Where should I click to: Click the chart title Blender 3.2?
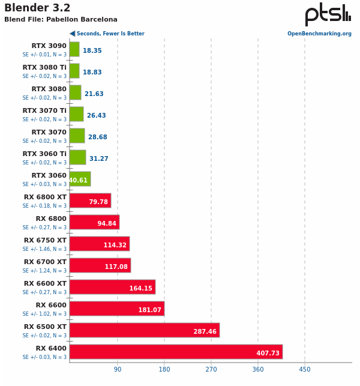[37, 8]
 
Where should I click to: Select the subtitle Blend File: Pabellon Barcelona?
[61, 20]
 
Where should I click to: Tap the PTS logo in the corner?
[328, 14]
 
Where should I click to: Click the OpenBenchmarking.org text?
[319, 34]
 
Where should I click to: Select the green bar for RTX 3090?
[74, 49]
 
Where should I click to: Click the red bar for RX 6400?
[176, 352]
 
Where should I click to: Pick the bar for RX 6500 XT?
[144, 330]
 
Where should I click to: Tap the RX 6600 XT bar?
[112, 287]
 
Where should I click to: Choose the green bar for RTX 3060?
[80, 179]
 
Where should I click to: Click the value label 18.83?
[92, 72]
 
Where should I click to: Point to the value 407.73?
[268, 354]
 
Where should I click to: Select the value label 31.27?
[99, 158]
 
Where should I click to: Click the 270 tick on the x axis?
[211, 369]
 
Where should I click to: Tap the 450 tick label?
[305, 369]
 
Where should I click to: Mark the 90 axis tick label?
[118, 369]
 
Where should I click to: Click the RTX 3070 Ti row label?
[44, 110]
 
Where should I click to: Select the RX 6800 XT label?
[45, 197]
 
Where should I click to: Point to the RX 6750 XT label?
[45, 240]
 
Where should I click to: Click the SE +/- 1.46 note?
[44, 249]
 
